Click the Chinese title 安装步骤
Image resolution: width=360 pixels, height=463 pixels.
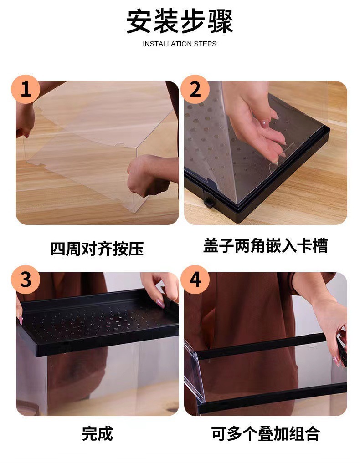[180, 22]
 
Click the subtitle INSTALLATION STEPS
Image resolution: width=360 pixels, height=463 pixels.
[180, 44]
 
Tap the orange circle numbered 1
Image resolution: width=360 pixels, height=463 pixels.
[26, 89]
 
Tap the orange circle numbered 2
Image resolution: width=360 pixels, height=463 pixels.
[195, 89]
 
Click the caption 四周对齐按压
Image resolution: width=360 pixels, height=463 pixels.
[97, 249]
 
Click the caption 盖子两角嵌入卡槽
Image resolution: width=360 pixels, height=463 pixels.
[265, 246]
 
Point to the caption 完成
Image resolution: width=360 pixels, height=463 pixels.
[97, 434]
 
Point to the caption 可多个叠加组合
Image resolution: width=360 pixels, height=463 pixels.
[265, 434]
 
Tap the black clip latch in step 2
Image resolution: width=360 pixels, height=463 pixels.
[209, 202]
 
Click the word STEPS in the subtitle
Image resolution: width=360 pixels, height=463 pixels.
[205, 44]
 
